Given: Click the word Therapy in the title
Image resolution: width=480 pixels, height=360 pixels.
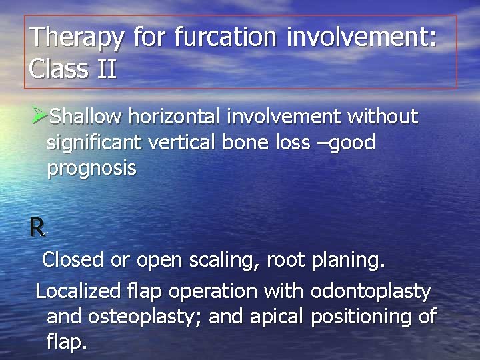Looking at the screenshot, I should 76,38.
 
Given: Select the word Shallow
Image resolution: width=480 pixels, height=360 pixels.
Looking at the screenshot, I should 86,117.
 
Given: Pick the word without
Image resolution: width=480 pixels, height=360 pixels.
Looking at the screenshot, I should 380,117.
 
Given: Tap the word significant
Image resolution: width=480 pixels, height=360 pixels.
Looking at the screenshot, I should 94,143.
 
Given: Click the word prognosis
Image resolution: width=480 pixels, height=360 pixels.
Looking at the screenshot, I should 91,169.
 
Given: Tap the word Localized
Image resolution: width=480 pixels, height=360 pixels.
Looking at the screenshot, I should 79,291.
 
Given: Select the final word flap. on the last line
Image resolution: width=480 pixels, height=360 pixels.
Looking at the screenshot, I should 67,343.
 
